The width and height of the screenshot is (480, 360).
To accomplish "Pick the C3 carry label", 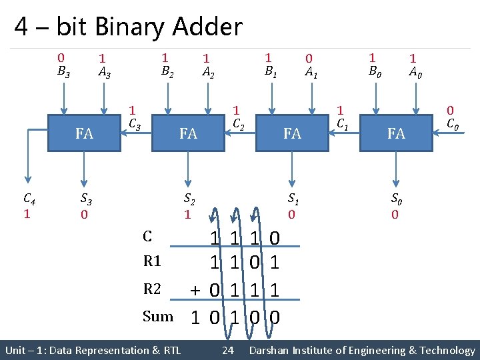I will (133, 123).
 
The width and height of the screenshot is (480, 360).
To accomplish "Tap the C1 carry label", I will (342, 123).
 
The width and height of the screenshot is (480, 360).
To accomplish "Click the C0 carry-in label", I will (451, 123).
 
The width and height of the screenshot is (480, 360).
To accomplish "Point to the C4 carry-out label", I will (29, 199).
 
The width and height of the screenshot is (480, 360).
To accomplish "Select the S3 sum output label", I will (85, 199).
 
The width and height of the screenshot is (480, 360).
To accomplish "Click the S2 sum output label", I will (189, 199).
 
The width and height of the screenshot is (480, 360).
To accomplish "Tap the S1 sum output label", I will (293, 199).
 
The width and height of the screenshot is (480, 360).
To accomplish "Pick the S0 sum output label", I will (396, 199).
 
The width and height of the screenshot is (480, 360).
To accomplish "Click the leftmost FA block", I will (84, 133).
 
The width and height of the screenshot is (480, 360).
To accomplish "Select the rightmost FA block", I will (396, 133).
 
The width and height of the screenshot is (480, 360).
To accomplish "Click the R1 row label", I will (153, 263).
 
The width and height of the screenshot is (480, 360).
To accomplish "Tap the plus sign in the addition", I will (195, 290).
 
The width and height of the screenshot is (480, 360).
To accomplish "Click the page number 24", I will (227, 351).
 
